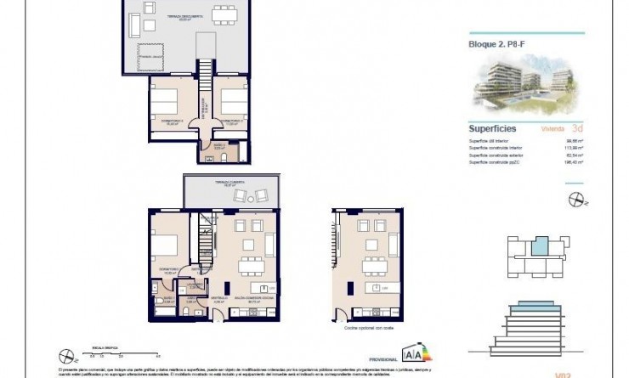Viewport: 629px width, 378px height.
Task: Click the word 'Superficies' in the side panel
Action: (489, 129)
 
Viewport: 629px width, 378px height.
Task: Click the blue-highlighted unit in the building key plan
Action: (540, 247)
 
